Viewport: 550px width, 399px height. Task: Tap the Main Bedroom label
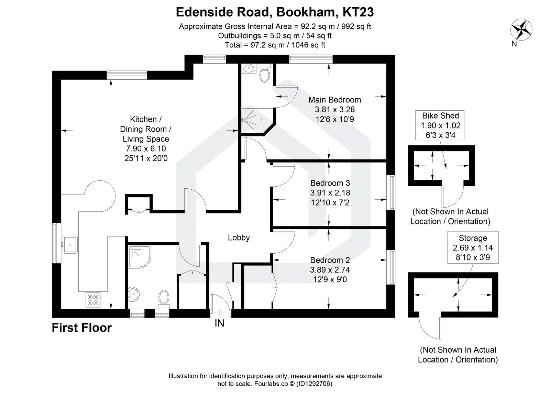334,100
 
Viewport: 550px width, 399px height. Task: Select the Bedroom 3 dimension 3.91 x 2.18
330,193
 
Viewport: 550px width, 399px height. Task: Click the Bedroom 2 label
330,260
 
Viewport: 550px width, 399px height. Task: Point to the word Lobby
239,237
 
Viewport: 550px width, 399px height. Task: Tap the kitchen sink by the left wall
70,244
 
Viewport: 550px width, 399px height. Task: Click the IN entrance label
219,323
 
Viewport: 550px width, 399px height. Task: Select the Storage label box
473,247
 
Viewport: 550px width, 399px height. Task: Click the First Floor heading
81,328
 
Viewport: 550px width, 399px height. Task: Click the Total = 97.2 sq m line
275,45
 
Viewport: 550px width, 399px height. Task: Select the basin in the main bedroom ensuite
249,69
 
